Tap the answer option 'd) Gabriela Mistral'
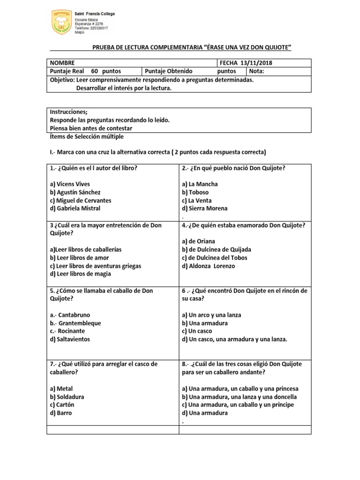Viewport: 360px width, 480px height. click(x=75, y=208)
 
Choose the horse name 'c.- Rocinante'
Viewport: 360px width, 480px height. click(x=72, y=331)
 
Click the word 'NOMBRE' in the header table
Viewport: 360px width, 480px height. click(x=62, y=63)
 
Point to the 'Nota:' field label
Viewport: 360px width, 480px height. click(x=257, y=71)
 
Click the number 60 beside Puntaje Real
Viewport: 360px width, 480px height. click(x=94, y=71)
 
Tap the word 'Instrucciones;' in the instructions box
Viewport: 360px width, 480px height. click(x=68, y=112)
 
